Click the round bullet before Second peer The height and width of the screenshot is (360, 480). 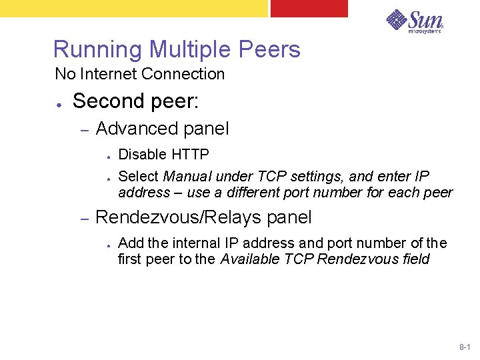[x=60, y=104]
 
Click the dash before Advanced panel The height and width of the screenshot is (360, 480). [x=85, y=129]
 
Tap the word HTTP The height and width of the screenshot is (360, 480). [x=191, y=155]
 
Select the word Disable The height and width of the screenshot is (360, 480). [x=142, y=155]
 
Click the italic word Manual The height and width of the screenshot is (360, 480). [x=186, y=177]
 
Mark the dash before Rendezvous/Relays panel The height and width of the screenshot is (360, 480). [x=85, y=219]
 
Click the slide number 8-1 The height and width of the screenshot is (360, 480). [x=465, y=347]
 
